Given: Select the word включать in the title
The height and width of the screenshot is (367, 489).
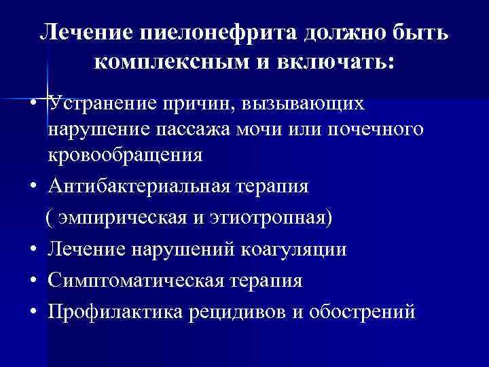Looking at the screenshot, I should [x=340, y=62].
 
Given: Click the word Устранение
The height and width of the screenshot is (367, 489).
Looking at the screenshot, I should [x=101, y=104].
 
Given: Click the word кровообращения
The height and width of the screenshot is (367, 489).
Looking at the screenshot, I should [x=125, y=155].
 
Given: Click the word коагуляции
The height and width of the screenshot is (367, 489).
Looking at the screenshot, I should [x=294, y=249].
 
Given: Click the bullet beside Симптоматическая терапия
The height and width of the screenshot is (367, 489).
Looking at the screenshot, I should [x=33, y=281].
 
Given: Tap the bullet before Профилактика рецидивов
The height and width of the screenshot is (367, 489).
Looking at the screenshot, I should [x=33, y=313].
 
